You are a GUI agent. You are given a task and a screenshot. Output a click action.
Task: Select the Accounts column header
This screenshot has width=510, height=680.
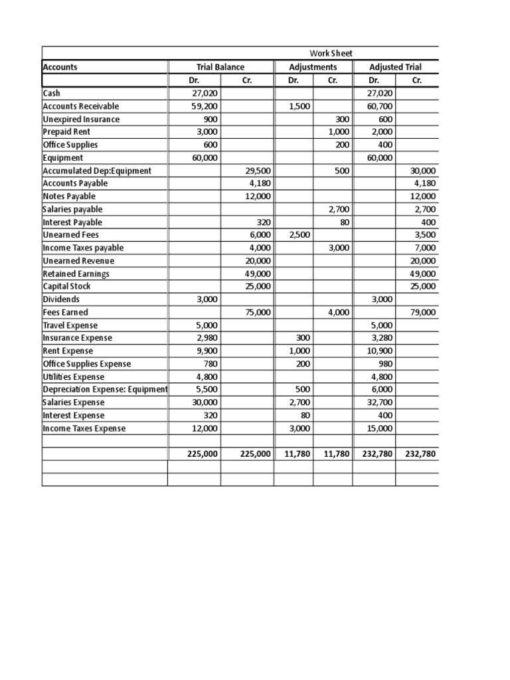pyautogui.click(x=60, y=67)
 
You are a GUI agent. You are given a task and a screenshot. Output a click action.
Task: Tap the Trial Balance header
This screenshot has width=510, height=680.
pyautogui.click(x=220, y=67)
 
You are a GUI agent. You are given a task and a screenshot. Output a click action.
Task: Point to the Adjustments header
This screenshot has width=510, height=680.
pyautogui.click(x=313, y=67)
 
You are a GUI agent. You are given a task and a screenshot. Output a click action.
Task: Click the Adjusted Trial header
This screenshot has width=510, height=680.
pyautogui.click(x=395, y=67)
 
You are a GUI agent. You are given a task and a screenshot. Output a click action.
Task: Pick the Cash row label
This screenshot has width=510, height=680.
pyautogui.click(x=51, y=94)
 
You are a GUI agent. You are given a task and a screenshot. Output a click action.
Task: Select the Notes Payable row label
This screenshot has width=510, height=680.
pyautogui.click(x=69, y=197)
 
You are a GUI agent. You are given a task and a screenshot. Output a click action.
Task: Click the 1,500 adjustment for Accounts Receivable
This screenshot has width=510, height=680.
pyautogui.click(x=300, y=106)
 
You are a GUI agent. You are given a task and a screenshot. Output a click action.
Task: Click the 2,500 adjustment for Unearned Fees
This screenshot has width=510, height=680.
pyautogui.click(x=299, y=235)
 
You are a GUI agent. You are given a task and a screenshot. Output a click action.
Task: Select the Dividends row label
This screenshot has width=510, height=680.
pyautogui.click(x=60, y=299)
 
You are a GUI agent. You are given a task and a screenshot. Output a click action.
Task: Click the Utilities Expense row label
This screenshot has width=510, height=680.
pyautogui.click(x=74, y=377)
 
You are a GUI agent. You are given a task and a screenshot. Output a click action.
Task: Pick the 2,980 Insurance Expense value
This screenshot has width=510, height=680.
pyautogui.click(x=207, y=338)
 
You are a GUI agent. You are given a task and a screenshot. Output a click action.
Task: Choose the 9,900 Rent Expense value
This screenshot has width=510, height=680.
pyautogui.click(x=207, y=351)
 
